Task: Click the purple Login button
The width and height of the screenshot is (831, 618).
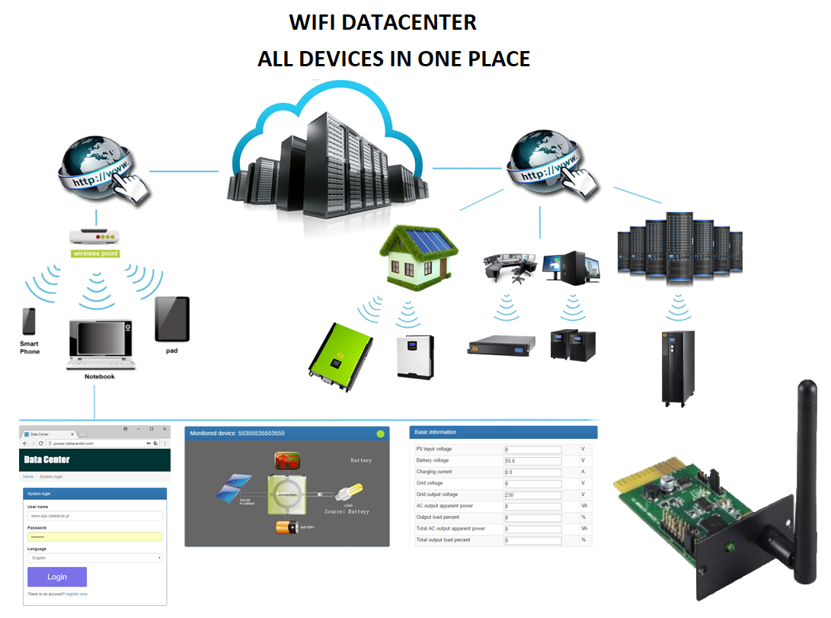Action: click(57, 577)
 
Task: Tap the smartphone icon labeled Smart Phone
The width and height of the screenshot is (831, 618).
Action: click(29, 322)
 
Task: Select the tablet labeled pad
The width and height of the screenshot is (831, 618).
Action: click(171, 319)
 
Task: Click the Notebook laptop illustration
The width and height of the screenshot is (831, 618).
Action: click(100, 345)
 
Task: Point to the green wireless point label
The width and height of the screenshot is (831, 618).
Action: click(95, 253)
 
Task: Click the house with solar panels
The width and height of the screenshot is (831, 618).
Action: click(420, 255)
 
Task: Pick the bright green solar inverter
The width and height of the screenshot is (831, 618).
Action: click(340, 357)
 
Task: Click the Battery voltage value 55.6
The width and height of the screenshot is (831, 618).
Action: click(532, 461)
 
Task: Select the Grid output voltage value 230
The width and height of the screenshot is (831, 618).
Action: click(532, 495)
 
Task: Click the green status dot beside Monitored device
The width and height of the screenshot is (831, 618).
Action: click(380, 434)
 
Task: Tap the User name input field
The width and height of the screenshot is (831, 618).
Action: click(95, 516)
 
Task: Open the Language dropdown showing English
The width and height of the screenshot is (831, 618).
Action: click(95, 558)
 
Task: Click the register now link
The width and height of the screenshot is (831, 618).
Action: click(76, 594)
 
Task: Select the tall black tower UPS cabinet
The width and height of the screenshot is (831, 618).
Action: click(677, 367)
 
